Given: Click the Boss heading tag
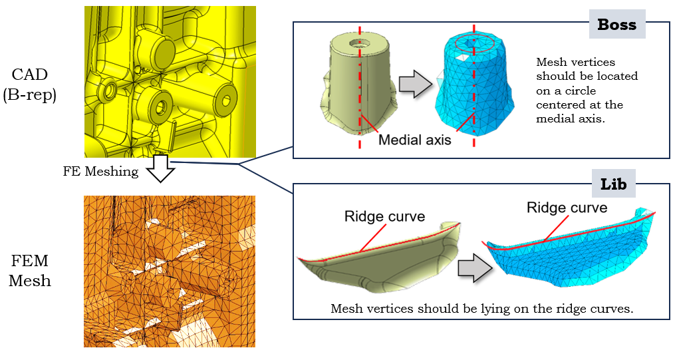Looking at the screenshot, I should pyautogui.click(x=616, y=25).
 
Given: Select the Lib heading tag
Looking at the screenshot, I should pyautogui.click(x=613, y=184).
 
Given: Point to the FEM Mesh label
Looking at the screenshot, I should pyautogui.click(x=29, y=271).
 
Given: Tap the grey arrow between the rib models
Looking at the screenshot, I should pyautogui.click(x=474, y=268).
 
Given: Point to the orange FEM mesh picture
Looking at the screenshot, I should pyautogui.click(x=170, y=271).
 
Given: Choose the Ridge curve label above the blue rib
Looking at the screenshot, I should pyautogui.click(x=567, y=208).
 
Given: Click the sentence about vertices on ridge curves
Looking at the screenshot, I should pyautogui.click(x=481, y=309).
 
